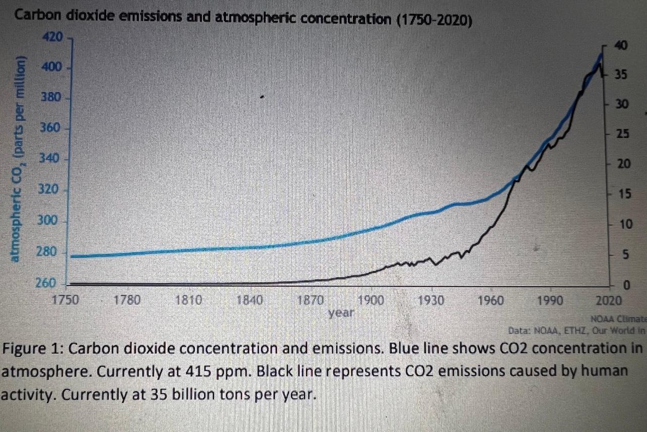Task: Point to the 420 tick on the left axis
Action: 52,37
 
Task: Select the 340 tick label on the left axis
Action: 50,159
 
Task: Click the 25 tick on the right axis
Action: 623,135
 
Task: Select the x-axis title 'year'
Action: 341,313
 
